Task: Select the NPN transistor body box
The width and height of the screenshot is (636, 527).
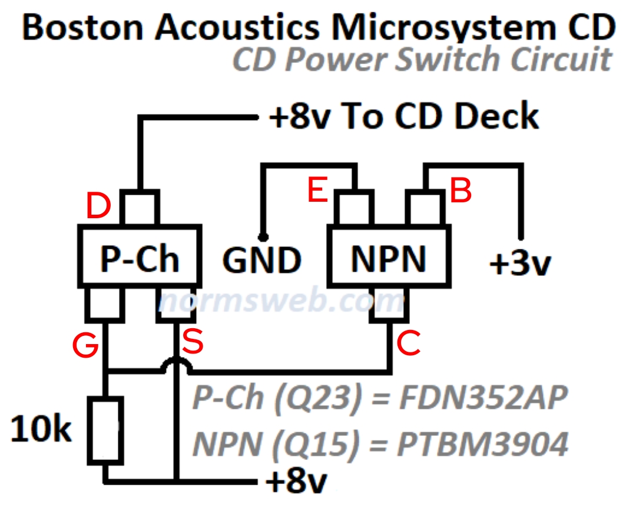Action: point(388,258)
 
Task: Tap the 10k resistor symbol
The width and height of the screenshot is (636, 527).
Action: point(106,429)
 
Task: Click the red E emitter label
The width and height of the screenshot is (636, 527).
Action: point(318,191)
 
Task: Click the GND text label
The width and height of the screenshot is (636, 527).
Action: point(263,261)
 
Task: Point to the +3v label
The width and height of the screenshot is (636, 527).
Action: point(520,265)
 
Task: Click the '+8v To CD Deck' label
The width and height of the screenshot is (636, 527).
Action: point(403,117)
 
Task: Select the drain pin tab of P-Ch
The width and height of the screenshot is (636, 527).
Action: point(140,208)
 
